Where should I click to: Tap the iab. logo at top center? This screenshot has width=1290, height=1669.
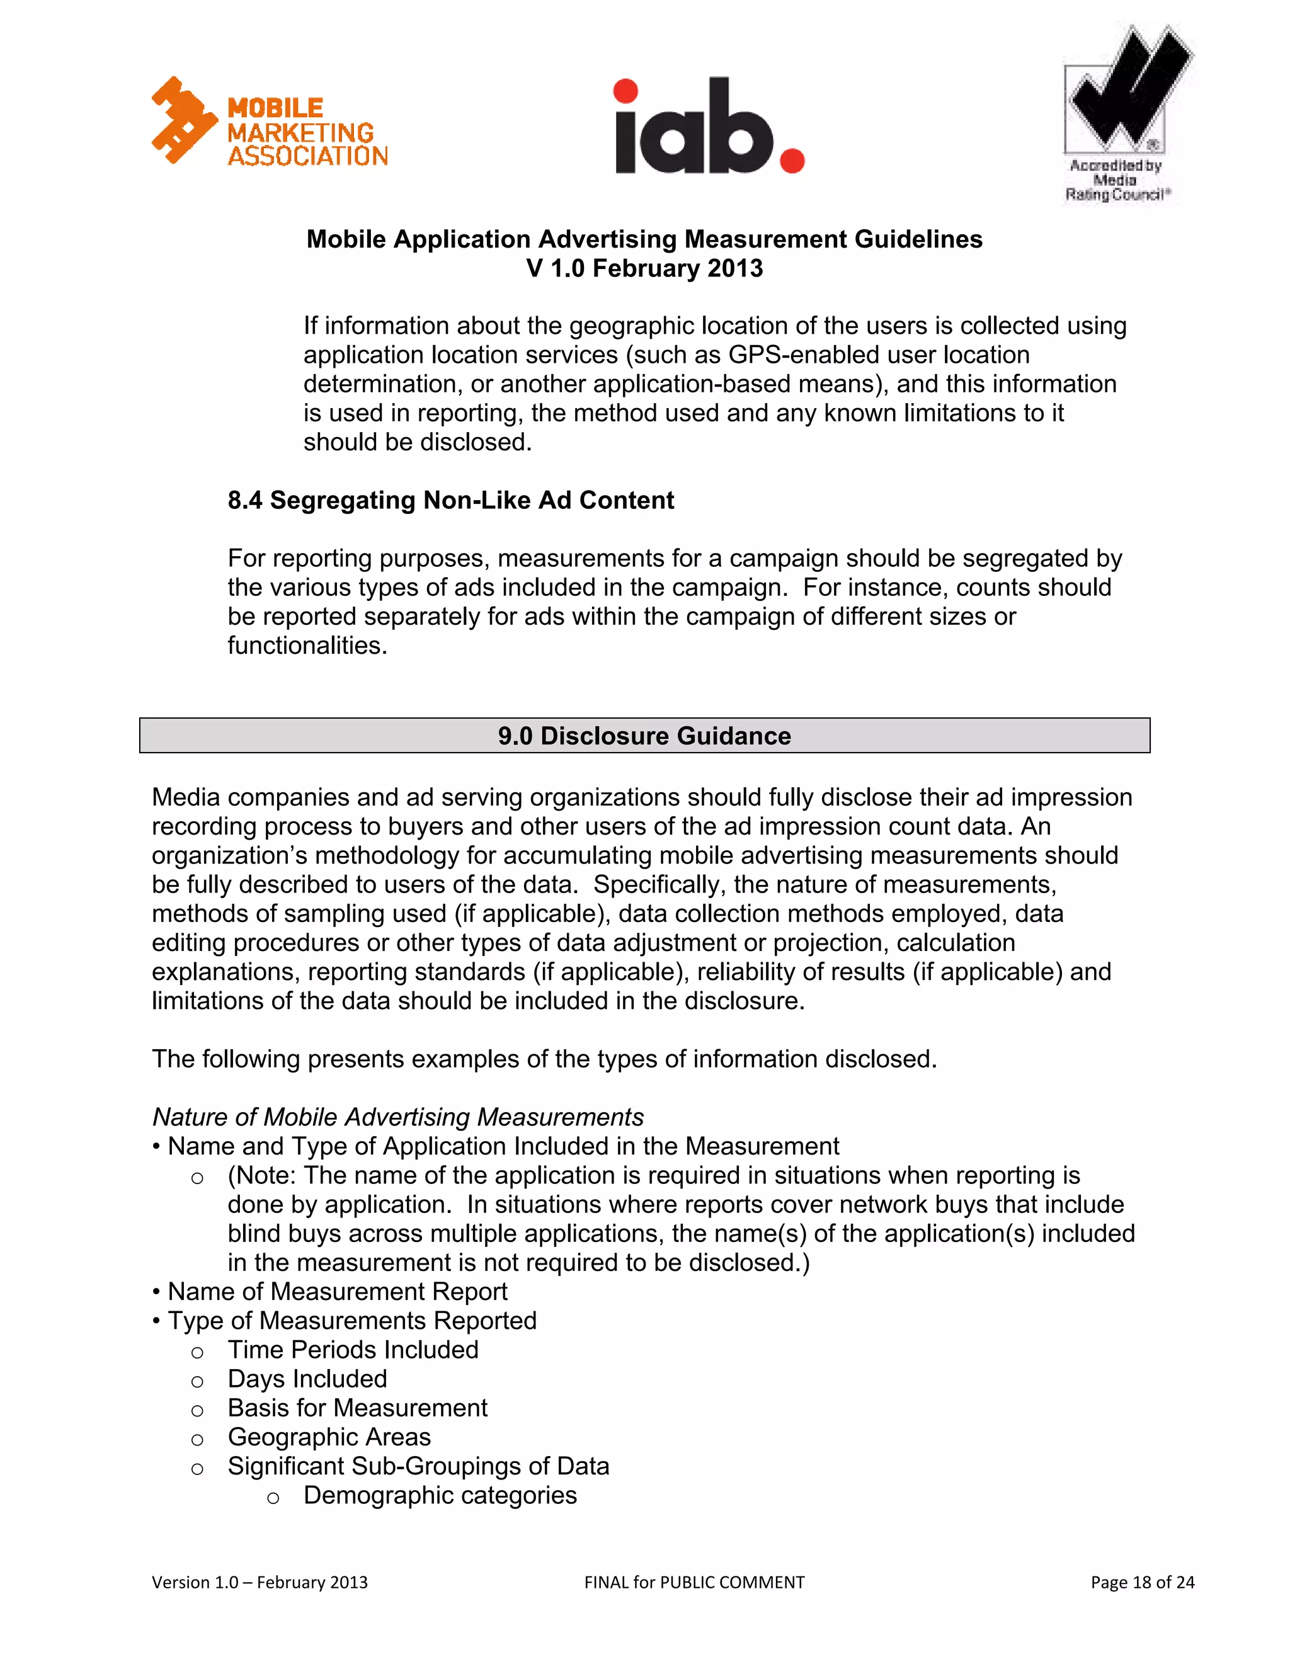pyautogui.click(x=709, y=126)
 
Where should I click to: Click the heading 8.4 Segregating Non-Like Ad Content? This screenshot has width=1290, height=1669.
pyautogui.click(x=450, y=500)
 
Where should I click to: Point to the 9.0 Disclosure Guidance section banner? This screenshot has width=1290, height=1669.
pyautogui.click(x=644, y=735)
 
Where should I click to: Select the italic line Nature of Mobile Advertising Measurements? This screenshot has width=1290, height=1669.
pyautogui.click(x=397, y=1117)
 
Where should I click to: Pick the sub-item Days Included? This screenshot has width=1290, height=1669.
pyautogui.click(x=307, y=1378)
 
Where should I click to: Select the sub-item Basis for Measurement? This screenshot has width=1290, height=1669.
pyautogui.click(x=357, y=1407)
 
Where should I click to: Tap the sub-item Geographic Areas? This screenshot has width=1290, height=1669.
pyautogui.click(x=329, y=1436)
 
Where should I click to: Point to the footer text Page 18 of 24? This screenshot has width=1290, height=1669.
pyautogui.click(x=1142, y=1582)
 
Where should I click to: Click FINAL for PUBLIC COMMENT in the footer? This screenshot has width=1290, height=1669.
pyautogui.click(x=694, y=1582)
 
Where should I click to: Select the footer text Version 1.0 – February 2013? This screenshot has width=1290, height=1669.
pyautogui.click(x=260, y=1582)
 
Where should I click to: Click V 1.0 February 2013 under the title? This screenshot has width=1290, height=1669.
pyautogui.click(x=644, y=268)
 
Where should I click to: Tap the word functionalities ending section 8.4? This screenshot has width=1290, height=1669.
pyautogui.click(x=307, y=645)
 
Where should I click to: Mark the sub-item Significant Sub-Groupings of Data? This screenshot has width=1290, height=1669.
pyautogui.click(x=418, y=1465)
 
